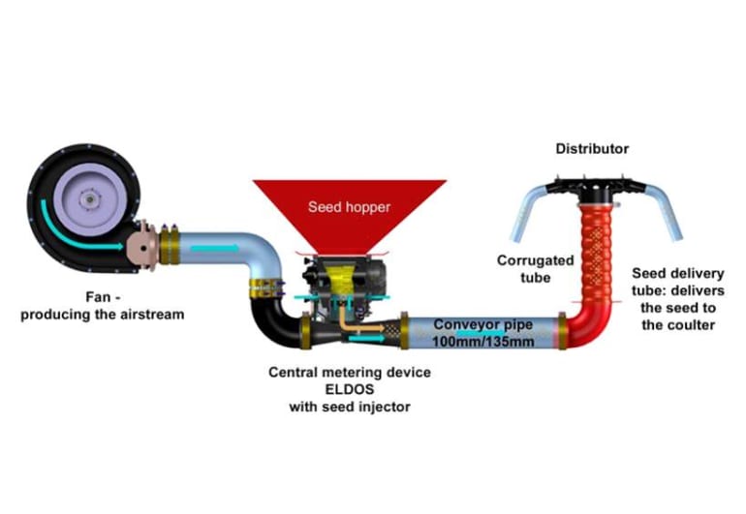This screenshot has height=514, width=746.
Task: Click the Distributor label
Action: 591,149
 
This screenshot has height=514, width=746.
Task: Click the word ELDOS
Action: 349,389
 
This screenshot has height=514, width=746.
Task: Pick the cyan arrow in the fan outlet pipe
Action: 214,249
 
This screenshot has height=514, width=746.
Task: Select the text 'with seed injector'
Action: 349,407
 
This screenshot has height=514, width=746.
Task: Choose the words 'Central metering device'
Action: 349,372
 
